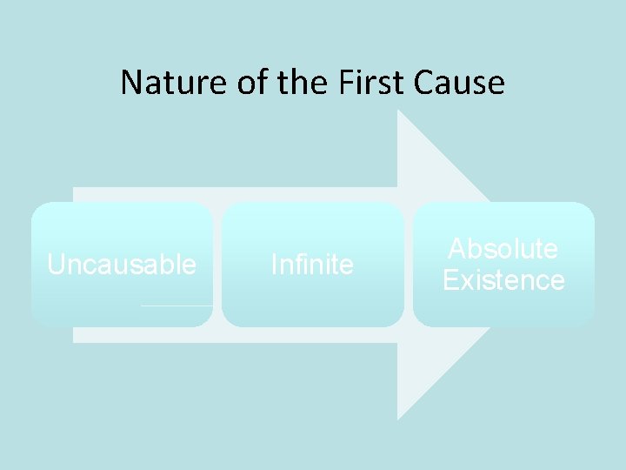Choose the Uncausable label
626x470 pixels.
122,265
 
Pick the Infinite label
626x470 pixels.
312,265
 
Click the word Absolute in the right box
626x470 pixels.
503,249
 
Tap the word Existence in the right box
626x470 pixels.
503,280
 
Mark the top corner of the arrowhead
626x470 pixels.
398,111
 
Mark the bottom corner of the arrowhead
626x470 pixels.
398,419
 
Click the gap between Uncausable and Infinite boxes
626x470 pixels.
217,265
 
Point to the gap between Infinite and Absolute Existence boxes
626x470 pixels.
409,265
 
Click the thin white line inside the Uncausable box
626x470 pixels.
176,305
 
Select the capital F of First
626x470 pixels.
337,83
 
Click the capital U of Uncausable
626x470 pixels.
56,265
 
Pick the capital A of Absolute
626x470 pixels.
457,249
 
